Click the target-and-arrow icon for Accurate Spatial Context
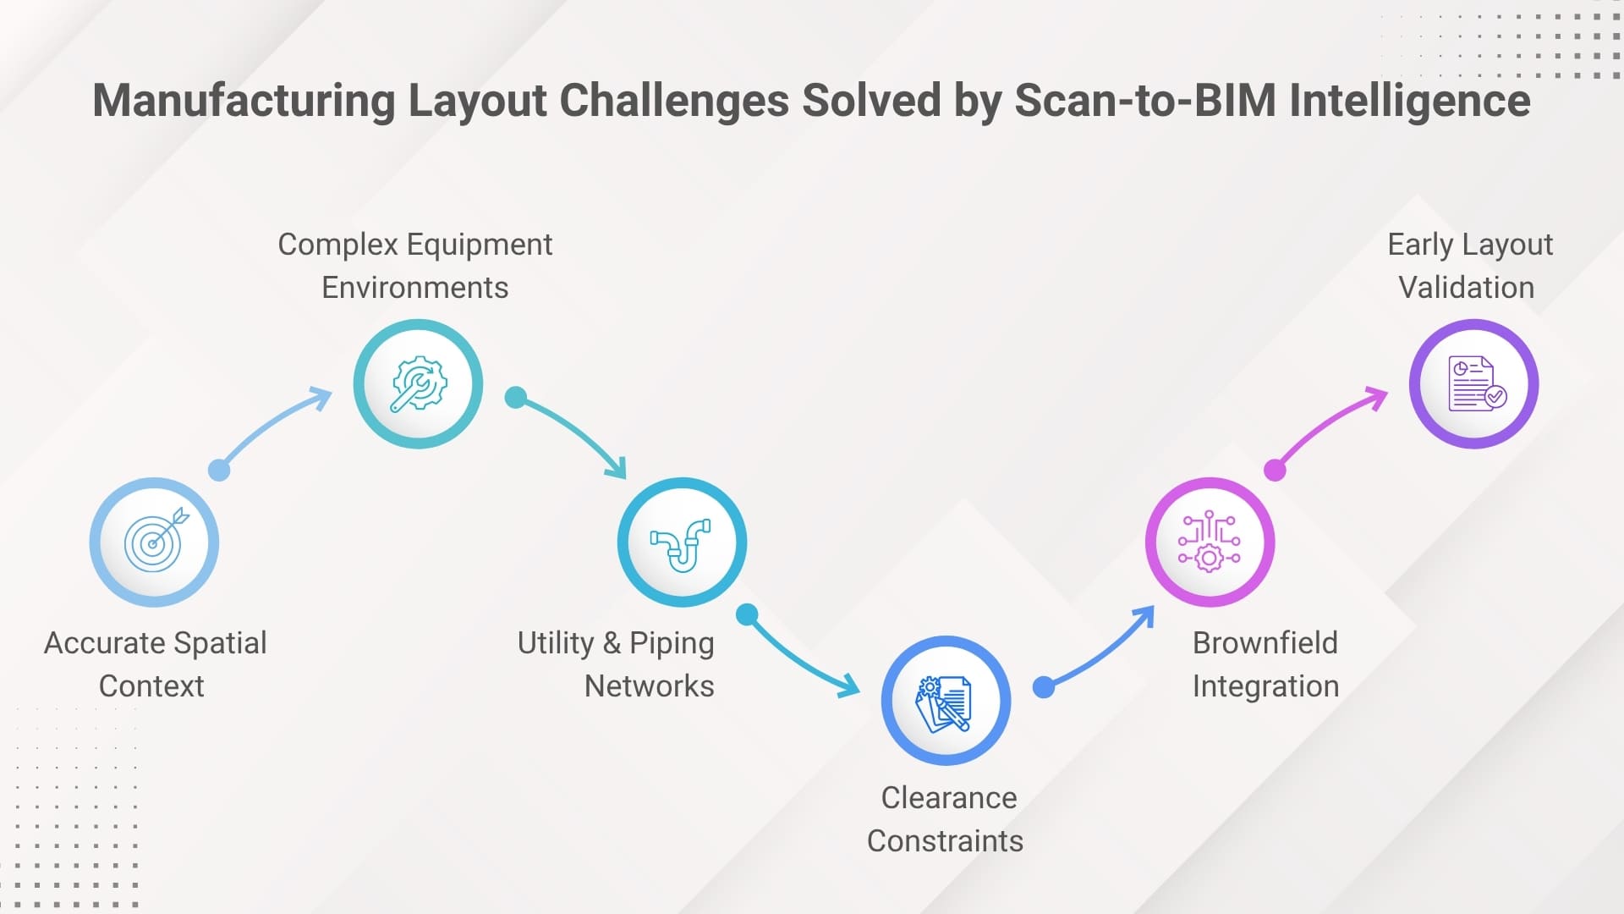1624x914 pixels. point(154,542)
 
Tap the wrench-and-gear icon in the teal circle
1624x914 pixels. point(418,383)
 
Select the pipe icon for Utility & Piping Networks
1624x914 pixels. point(682,542)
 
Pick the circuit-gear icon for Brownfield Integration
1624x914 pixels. point(1210,542)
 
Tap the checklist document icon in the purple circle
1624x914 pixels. point(1473,383)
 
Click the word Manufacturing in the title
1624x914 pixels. point(244,101)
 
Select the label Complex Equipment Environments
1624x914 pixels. point(414,266)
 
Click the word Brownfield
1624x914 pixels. point(1265,643)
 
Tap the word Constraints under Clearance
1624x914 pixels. point(945,841)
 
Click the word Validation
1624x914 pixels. point(1466,288)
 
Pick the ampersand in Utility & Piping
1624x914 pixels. point(612,643)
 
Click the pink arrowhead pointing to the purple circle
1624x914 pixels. point(1378,396)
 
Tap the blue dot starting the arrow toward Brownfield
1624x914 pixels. point(1044,687)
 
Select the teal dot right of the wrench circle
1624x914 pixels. point(515,397)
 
